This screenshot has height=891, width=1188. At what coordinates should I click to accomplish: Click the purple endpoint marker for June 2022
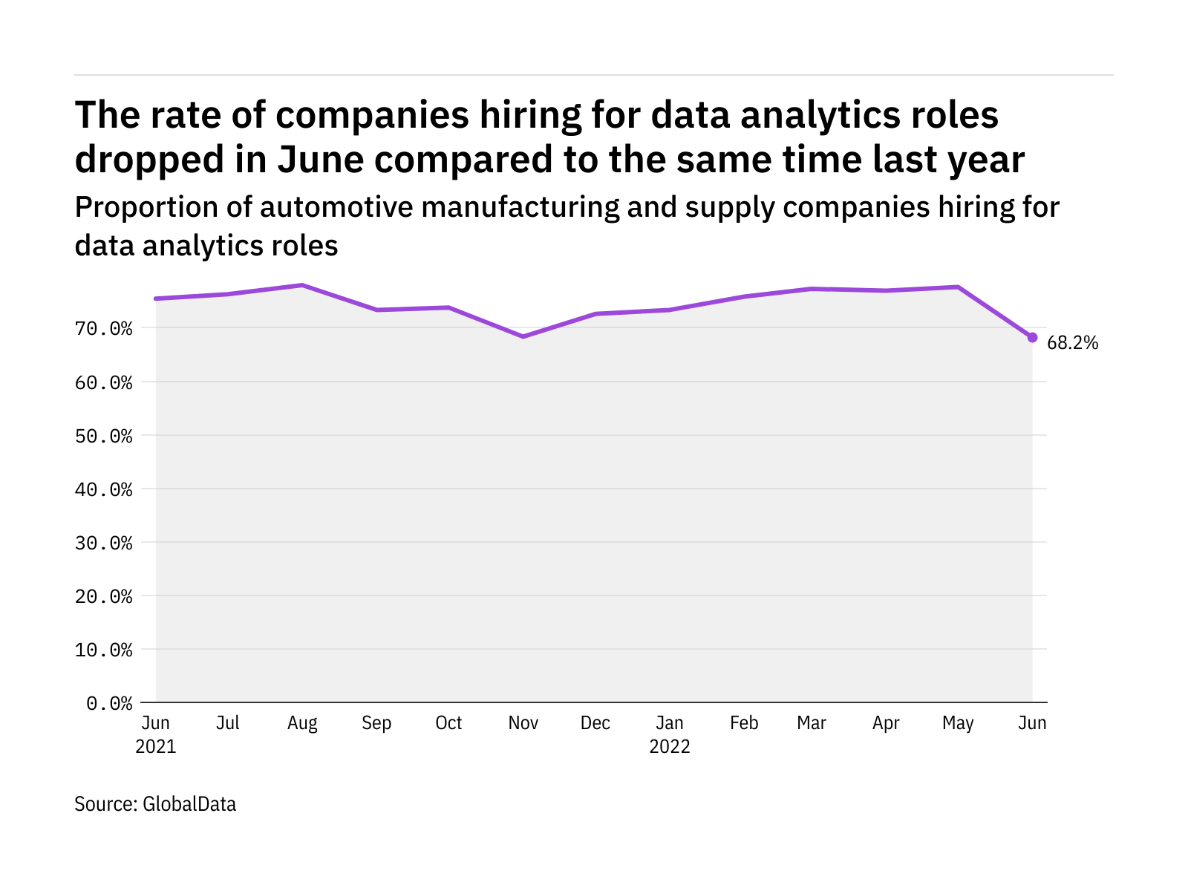[x=1032, y=337]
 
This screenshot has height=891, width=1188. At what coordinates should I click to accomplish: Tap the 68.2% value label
[x=1072, y=343]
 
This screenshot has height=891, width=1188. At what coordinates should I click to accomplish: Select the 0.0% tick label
[x=109, y=703]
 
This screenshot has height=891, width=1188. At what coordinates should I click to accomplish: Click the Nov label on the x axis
[x=523, y=723]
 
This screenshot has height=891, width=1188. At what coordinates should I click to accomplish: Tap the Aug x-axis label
[x=302, y=723]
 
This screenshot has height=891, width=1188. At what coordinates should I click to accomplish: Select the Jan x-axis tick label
[x=670, y=723]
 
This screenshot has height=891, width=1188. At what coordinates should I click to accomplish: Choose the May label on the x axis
[x=958, y=723]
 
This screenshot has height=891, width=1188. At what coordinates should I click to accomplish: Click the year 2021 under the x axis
[x=156, y=746]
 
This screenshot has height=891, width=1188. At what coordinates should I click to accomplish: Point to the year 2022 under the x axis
[x=670, y=746]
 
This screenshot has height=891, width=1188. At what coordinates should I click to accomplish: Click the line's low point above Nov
[x=523, y=336]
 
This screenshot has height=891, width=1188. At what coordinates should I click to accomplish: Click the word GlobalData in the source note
[x=189, y=804]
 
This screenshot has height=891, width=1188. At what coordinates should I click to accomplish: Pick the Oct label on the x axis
[x=448, y=723]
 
